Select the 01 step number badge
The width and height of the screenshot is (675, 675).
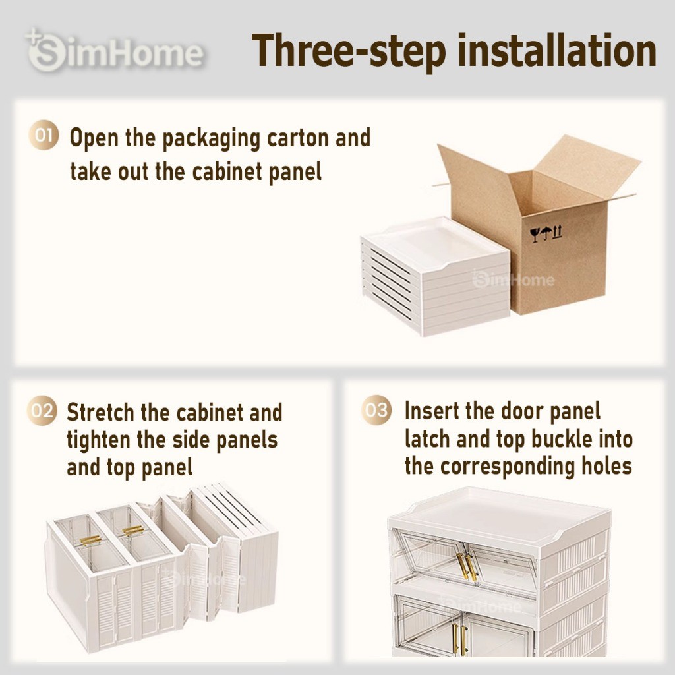tap(44, 134)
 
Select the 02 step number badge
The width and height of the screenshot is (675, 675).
tap(42, 410)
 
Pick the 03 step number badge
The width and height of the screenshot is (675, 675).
tap(376, 409)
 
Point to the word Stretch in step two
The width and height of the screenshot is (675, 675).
tap(101, 413)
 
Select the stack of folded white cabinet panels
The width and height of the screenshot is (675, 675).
tap(435, 276)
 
